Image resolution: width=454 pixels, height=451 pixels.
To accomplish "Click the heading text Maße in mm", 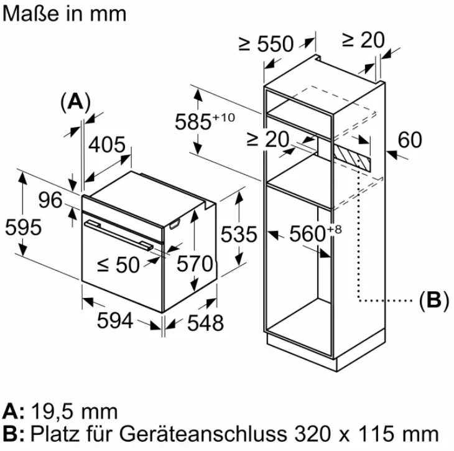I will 64,14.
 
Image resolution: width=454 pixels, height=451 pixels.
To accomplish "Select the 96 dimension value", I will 50,200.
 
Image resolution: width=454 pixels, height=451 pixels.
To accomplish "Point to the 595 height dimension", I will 22,227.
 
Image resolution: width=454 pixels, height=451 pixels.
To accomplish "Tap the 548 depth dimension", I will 205,323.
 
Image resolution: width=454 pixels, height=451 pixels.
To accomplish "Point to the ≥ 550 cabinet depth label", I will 266,44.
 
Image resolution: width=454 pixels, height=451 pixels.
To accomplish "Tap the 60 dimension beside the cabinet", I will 409,140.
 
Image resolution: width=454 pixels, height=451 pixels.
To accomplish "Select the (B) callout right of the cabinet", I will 433,300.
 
